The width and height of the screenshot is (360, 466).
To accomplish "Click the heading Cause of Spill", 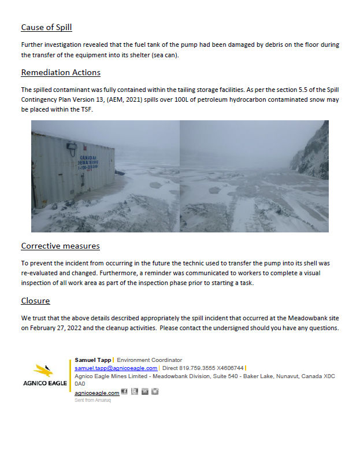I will (46, 27).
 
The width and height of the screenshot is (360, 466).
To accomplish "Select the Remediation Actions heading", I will (61, 72).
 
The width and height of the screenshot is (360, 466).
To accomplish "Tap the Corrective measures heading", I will (60, 246).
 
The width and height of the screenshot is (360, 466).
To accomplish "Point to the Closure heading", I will (35, 301).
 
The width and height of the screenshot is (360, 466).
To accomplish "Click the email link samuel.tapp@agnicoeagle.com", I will (116, 368).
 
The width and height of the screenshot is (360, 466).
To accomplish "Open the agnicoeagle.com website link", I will (97, 393).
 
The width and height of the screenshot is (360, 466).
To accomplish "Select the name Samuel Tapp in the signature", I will (92, 360).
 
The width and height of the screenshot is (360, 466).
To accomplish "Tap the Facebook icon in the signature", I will (124, 392).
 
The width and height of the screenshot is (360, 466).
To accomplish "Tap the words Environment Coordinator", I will (149, 360).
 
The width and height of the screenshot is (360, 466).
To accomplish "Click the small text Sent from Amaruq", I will (92, 400).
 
